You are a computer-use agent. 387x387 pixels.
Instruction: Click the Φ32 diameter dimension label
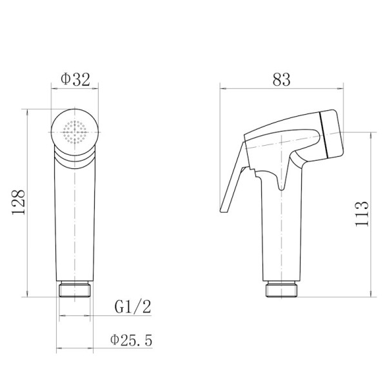[x=75, y=79]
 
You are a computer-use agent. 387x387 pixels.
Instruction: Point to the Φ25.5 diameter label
[x=131, y=340]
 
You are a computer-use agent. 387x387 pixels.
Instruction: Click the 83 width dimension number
[x=281, y=79]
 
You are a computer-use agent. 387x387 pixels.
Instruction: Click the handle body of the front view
[x=75, y=219]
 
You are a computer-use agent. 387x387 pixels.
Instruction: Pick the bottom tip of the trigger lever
[x=223, y=209]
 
